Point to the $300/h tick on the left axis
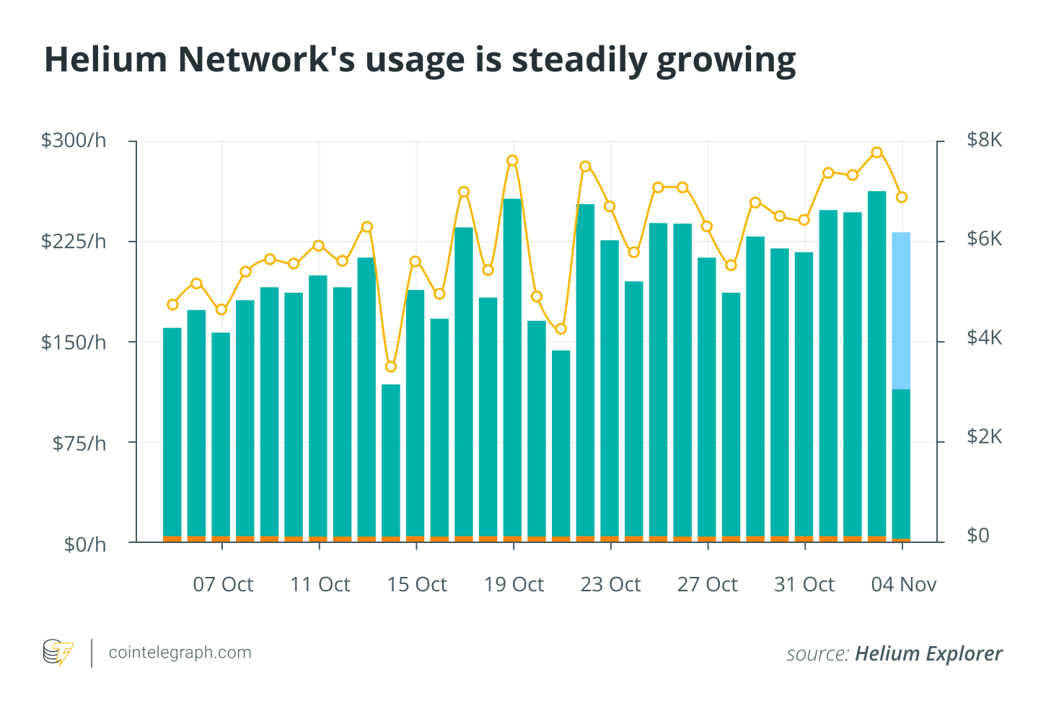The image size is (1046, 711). coord(74,141)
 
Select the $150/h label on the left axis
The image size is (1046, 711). coord(74,342)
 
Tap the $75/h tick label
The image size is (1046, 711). coord(79,443)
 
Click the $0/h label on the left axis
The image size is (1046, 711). coord(84,544)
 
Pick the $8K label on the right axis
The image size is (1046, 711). coord(984,140)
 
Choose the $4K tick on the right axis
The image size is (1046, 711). coord(984,338)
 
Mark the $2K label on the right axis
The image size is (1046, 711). coord(984,437)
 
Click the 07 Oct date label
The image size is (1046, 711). coord(223,585)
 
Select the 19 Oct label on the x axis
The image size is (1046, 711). coord(514,585)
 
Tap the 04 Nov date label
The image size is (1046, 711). coord(903,585)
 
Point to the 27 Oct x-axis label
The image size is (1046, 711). coord(707,585)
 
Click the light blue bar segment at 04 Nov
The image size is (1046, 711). coord(901,310)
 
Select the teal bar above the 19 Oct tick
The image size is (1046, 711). coord(512,368)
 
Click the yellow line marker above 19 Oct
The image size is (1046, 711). coord(512,161)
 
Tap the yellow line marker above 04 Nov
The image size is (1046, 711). coord(901,197)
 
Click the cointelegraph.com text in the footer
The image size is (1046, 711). coord(180,653)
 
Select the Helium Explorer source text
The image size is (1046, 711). coord(928,654)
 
